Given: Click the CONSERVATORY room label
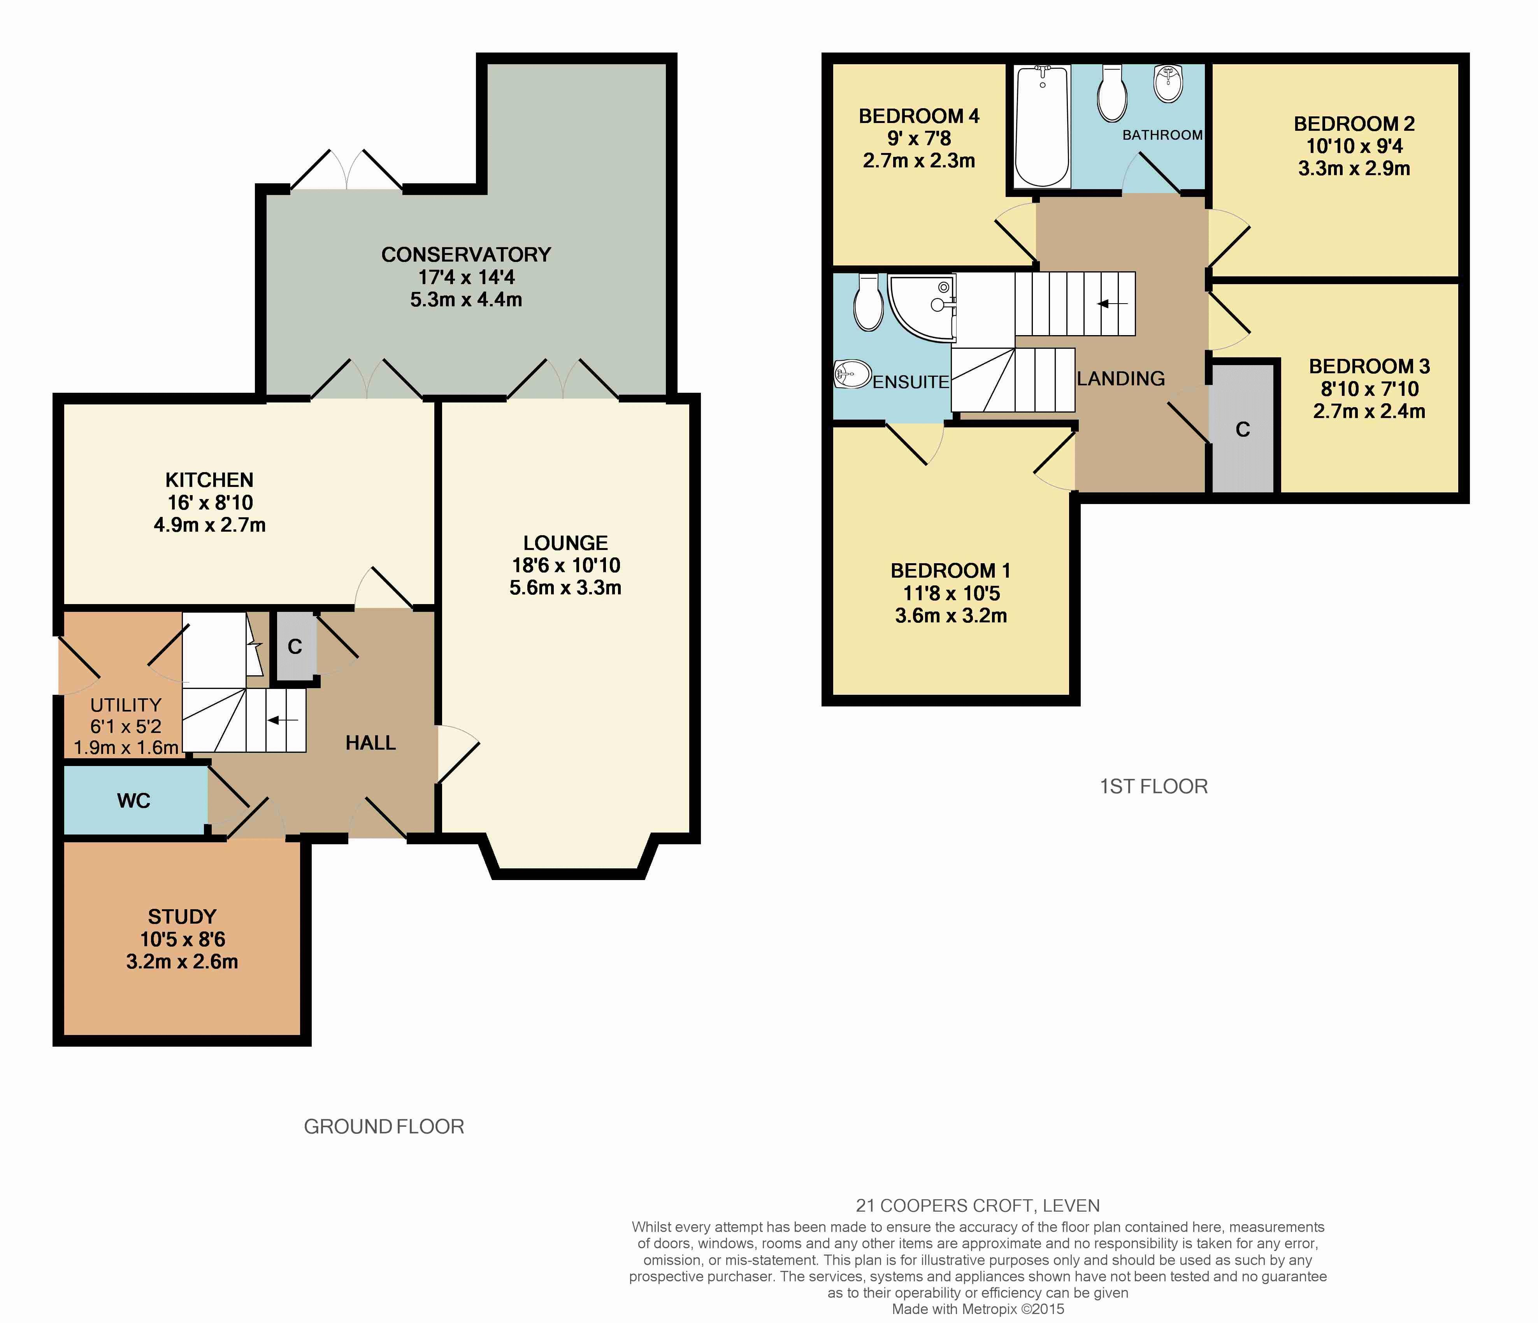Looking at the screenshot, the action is (466, 255).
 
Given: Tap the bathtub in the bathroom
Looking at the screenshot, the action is (1042, 126).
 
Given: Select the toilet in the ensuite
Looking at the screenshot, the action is (868, 303).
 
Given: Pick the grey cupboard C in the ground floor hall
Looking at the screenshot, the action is (295, 646).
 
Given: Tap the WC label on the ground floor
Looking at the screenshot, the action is (133, 800).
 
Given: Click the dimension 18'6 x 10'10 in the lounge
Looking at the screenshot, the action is (565, 566).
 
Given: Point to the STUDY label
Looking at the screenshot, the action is (182, 917).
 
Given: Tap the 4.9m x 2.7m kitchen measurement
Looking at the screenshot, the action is (209, 525).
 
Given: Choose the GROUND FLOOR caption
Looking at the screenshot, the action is (384, 1127).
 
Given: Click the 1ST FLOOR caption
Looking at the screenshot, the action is (1153, 786).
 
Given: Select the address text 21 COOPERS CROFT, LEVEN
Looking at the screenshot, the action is (978, 1206).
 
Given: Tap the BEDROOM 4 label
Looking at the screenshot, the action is (919, 116).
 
